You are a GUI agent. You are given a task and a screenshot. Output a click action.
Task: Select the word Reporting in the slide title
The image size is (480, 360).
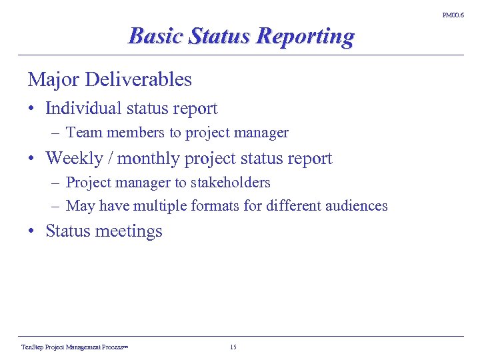(x=306, y=37)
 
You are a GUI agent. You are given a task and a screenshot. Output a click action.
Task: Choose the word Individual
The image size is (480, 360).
(x=82, y=108)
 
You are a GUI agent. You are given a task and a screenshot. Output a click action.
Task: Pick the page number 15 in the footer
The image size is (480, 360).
(x=233, y=347)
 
